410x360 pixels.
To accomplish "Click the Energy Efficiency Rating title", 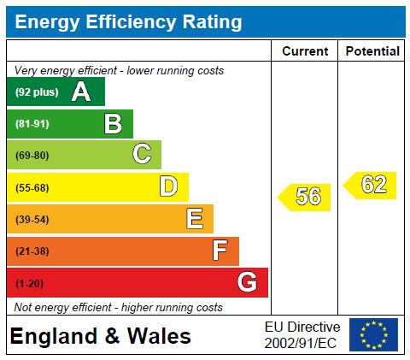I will click(128, 22).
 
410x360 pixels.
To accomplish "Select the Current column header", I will click(305, 51).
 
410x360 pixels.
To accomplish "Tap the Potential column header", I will click(372, 51).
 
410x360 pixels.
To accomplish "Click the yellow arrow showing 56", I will click(305, 197).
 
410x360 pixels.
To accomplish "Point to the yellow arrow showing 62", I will click(371, 185).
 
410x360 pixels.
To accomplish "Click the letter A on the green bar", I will click(81, 91).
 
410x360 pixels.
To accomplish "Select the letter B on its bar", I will click(113, 124).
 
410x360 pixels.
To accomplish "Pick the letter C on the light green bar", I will click(142, 155).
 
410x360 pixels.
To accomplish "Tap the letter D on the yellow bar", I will click(168, 186).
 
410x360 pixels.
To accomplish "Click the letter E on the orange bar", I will click(195, 219).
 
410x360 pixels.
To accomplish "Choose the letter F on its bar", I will click(220, 251).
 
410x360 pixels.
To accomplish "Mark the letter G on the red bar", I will click(247, 282).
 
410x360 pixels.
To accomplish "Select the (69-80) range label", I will click(32, 156).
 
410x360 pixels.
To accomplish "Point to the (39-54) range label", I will click(32, 220).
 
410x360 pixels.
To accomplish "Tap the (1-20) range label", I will click(29, 283).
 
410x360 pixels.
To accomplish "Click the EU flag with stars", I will click(373, 335).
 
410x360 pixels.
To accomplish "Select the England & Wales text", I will click(100, 337).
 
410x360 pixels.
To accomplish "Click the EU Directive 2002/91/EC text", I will click(302, 335).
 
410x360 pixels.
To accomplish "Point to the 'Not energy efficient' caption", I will click(119, 307).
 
